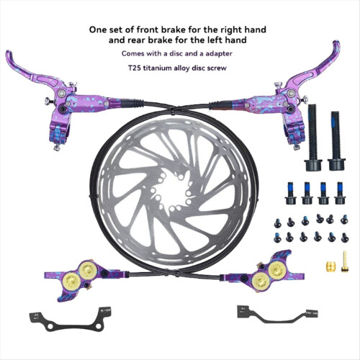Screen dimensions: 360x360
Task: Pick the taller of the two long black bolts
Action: [313, 138]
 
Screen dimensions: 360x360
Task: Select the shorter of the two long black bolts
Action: [336, 140]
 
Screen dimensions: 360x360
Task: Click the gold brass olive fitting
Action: [330, 266]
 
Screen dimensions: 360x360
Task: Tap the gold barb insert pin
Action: [344, 261]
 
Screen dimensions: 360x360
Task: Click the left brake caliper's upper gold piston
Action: [88, 270]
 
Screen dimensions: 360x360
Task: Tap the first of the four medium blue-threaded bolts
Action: [291, 193]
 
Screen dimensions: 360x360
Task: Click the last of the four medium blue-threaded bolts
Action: [340, 193]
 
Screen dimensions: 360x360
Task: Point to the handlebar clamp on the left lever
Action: [59, 134]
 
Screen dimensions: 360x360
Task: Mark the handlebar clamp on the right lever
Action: [294, 133]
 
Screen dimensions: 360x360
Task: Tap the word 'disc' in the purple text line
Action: [176, 53]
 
